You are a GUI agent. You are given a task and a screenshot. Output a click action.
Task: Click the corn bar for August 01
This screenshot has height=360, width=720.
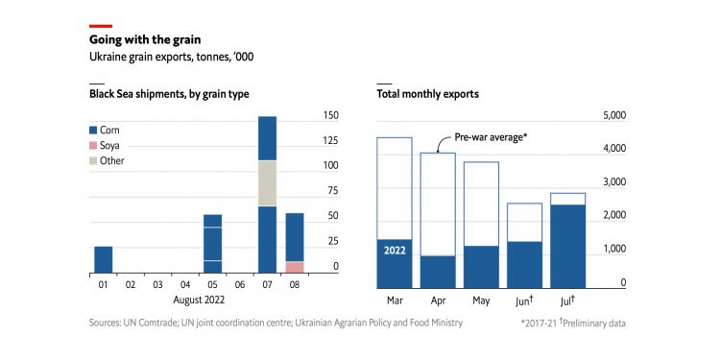coord(103,259)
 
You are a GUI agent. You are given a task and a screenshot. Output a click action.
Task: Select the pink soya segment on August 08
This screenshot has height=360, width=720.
coord(295,267)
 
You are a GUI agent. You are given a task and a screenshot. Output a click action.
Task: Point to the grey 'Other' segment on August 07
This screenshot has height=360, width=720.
coord(267,183)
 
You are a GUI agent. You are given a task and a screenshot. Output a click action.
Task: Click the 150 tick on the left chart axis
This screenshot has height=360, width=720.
coord(330,115)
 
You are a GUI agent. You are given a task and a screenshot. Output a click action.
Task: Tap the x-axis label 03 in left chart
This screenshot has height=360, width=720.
coord(157,285)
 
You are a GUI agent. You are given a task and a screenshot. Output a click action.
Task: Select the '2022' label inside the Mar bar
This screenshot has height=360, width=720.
coord(395,251)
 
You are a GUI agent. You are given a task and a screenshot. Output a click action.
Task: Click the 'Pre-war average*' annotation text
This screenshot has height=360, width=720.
coord(491,137)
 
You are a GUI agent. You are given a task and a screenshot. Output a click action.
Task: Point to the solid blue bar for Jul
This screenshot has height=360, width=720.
coord(567,246)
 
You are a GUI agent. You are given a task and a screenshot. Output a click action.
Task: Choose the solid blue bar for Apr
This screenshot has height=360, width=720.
coord(438,272)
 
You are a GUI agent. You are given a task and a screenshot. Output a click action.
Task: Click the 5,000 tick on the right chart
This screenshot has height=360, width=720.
coord(612,115)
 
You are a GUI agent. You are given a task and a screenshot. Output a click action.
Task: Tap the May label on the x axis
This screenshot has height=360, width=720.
coord(481,300)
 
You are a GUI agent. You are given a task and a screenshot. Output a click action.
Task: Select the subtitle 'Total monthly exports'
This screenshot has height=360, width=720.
coord(427,94)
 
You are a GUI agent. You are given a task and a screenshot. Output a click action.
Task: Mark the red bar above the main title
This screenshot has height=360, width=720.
coord(101,26)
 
